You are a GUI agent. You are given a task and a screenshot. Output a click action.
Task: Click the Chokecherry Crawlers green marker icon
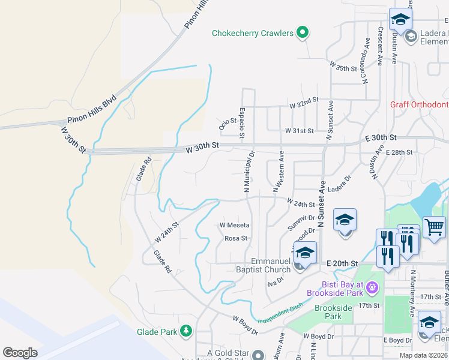[x=303, y=33]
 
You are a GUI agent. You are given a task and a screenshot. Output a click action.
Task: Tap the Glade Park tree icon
[x=186, y=331]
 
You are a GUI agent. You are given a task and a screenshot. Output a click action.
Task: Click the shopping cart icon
[x=434, y=227]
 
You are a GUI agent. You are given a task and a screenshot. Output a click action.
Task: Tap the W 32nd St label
[x=303, y=105]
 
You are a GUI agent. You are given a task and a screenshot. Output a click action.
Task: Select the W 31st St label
[x=300, y=130]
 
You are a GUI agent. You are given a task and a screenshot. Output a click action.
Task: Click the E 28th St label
[x=399, y=152]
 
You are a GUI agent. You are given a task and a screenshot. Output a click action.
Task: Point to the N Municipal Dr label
[x=247, y=172]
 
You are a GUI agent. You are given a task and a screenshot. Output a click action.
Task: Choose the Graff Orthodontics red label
[x=419, y=104]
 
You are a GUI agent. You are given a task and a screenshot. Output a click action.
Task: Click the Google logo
[x=20, y=352]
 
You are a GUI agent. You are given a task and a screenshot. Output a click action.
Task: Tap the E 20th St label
[x=342, y=263]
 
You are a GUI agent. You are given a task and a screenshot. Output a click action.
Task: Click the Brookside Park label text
[x=333, y=312]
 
